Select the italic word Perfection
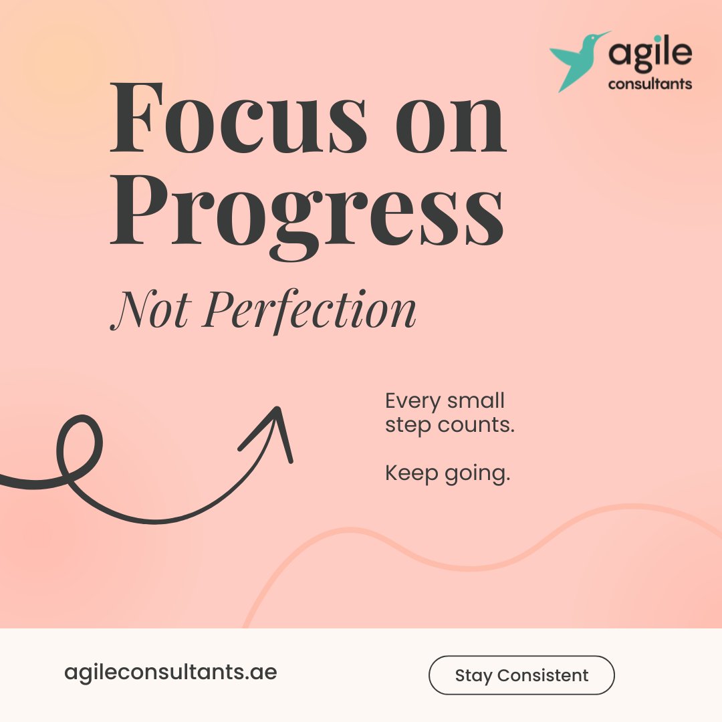point(310,310)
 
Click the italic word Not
point(150,310)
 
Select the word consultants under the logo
point(650,84)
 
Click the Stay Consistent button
point(521,675)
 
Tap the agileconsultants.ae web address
point(170,672)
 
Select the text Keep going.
point(447,474)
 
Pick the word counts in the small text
point(479,425)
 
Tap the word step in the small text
point(407,426)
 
